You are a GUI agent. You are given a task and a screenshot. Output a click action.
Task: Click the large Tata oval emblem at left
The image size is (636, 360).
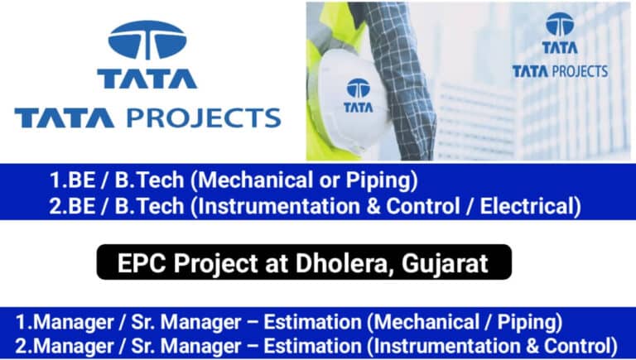tap(147, 40)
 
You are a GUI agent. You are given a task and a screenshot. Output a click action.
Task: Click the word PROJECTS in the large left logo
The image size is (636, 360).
tap(204, 118)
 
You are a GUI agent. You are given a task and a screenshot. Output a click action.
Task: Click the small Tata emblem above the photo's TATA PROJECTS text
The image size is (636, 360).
tap(560, 23)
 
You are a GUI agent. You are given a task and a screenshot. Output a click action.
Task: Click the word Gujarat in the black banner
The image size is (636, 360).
tap(445, 264)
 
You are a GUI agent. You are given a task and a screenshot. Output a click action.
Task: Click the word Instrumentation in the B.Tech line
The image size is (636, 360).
tap(279, 206)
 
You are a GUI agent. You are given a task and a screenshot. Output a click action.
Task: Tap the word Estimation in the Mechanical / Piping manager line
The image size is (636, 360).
tap(313, 322)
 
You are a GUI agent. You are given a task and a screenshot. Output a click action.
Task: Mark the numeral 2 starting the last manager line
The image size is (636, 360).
tap(21, 346)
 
